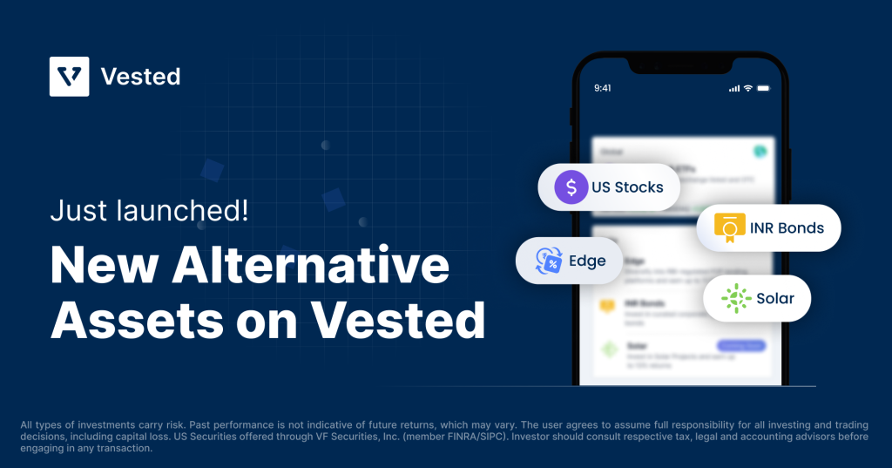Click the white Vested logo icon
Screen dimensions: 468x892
(70, 76)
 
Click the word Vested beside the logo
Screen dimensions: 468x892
(140, 77)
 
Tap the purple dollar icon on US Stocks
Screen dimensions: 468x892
(571, 187)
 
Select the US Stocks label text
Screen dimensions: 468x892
(627, 187)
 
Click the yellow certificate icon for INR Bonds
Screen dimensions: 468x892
(729, 228)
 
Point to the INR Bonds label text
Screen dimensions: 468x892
(787, 228)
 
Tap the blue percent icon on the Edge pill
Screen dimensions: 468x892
(549, 261)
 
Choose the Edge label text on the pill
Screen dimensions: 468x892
(587, 261)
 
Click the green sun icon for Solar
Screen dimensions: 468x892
(736, 299)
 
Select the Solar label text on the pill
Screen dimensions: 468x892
(775, 299)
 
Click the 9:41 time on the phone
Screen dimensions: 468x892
(603, 88)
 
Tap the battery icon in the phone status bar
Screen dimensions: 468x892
(764, 88)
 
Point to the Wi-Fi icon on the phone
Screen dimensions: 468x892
(747, 88)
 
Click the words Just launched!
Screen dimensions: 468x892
(149, 212)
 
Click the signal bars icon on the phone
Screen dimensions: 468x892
(733, 88)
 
